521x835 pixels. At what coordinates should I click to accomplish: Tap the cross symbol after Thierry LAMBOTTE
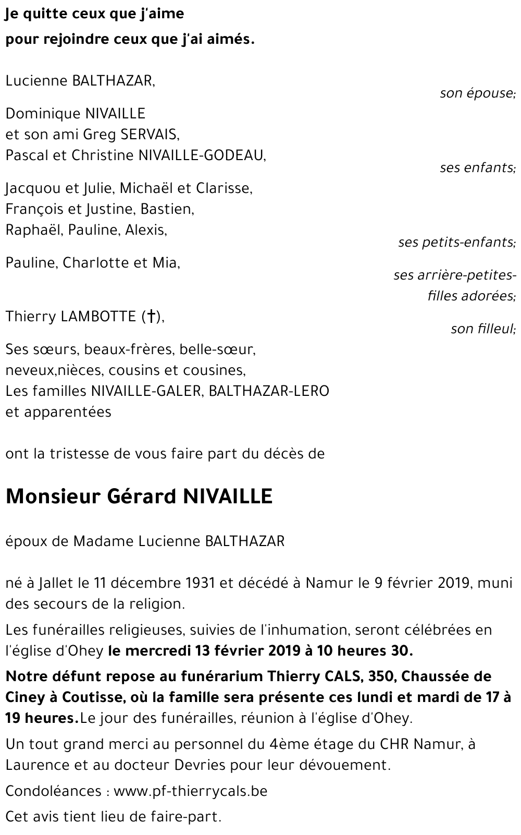(x=150, y=317)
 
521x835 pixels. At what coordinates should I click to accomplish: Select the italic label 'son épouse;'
(x=477, y=94)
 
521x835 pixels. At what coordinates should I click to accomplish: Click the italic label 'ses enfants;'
(x=477, y=168)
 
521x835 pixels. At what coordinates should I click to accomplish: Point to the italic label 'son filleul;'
(x=483, y=329)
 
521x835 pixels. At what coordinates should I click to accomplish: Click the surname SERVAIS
(x=150, y=135)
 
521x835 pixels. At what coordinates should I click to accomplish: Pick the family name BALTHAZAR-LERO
(x=269, y=391)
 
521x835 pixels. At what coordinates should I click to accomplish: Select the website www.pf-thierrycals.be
(x=190, y=791)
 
